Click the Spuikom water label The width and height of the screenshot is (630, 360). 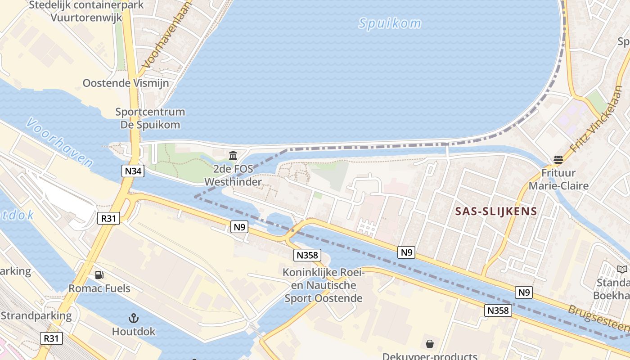coord(390,23)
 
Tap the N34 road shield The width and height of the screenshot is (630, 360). coord(133,171)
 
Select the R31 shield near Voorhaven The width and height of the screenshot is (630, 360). coord(108,219)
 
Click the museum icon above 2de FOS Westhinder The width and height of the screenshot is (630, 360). coord(233,156)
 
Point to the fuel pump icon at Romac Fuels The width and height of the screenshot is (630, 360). coord(99,274)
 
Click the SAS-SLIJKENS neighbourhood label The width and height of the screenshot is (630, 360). coord(496,211)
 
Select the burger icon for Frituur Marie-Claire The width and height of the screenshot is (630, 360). coord(558,159)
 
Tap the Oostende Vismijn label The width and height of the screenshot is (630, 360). coord(126,83)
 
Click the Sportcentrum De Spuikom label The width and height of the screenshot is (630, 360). coord(150,118)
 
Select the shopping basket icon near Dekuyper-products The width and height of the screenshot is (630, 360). coord(430,344)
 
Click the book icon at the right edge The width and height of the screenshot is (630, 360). coord(622,269)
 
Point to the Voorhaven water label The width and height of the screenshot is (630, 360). coord(60,143)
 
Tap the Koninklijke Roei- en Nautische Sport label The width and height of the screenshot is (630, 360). coord(324,285)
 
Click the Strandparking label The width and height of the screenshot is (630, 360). coord(36,315)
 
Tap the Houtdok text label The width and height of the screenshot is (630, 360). coord(134,332)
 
